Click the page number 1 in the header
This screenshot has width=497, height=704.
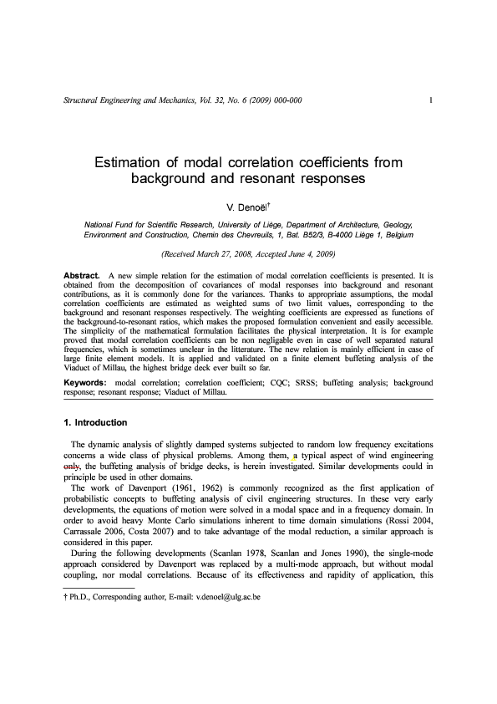coord(429,101)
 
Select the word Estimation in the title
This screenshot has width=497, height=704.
coord(135,161)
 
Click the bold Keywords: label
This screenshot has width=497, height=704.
coord(87,382)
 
